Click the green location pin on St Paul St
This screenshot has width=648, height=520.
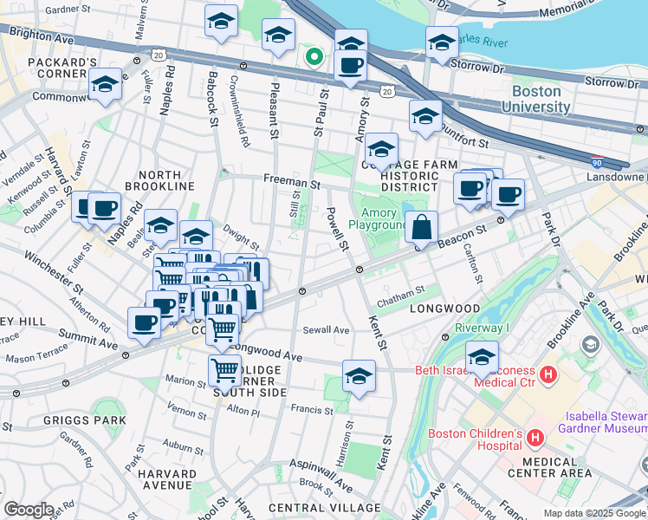pos(314,58)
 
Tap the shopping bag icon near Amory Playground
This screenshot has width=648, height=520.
pos(421,228)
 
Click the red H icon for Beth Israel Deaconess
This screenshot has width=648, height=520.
pos(547,374)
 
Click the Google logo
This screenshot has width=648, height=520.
pos(29,509)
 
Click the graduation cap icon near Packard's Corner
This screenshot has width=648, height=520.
pos(105,85)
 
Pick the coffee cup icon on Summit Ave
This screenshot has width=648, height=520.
pos(144,322)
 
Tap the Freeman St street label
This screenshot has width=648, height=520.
pos(292,184)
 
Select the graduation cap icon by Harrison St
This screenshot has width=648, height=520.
pos(359,376)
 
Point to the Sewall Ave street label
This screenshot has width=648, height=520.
pos(326,330)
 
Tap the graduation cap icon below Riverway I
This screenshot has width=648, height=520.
pos(482,356)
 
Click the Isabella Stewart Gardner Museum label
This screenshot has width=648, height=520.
pos(604,422)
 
